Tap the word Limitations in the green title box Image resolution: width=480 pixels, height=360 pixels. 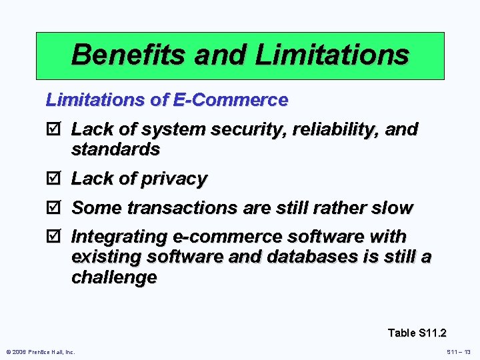point(332,55)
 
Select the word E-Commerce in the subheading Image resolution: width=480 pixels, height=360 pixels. point(230,100)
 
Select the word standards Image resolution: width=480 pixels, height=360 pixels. point(115,149)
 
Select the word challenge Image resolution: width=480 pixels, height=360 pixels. point(114,277)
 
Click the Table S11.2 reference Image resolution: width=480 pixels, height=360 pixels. point(417,333)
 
